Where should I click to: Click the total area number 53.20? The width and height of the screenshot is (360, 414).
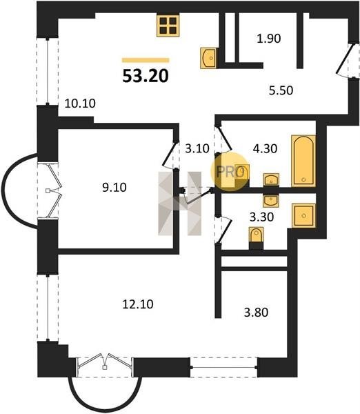click(x=146, y=76)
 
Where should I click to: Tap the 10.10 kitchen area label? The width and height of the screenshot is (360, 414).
click(x=80, y=103)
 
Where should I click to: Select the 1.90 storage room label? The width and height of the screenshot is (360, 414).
click(x=269, y=39)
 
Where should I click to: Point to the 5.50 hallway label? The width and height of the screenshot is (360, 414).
click(x=281, y=90)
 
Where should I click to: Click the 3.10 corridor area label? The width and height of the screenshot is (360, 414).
click(x=197, y=148)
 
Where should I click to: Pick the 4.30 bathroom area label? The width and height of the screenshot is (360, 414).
click(x=265, y=148)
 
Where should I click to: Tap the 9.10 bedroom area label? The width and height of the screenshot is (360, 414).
click(x=114, y=188)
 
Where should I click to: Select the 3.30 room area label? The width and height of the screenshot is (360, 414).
click(x=262, y=217)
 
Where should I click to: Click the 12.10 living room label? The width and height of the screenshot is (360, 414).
click(x=138, y=304)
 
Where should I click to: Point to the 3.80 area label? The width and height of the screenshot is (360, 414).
click(x=256, y=313)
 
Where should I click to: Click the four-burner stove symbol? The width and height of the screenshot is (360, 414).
click(x=168, y=26)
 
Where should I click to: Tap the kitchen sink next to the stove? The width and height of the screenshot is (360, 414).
click(x=209, y=58)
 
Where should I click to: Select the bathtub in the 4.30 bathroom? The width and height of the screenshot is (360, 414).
click(x=303, y=161)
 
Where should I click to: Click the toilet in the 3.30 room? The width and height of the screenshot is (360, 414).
click(x=256, y=235)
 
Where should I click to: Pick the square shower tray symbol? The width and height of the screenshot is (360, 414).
click(x=303, y=216)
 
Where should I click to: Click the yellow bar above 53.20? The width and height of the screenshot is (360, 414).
click(x=146, y=60)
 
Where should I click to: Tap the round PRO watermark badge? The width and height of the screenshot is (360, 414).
click(x=230, y=172)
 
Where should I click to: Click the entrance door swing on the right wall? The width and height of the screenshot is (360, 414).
click(x=346, y=61)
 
